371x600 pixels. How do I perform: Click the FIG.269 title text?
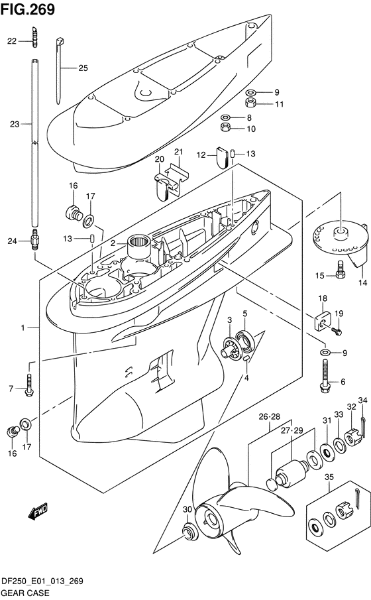click(28, 9)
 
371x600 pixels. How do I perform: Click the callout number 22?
click(11, 41)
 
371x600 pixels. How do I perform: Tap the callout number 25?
click(83, 68)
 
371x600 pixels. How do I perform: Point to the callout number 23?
click(15, 123)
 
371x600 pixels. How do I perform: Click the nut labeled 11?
click(251, 103)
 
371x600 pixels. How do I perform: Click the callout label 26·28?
click(270, 417)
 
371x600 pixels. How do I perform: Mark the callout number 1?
click(23, 328)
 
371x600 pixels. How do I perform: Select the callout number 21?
click(178, 153)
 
